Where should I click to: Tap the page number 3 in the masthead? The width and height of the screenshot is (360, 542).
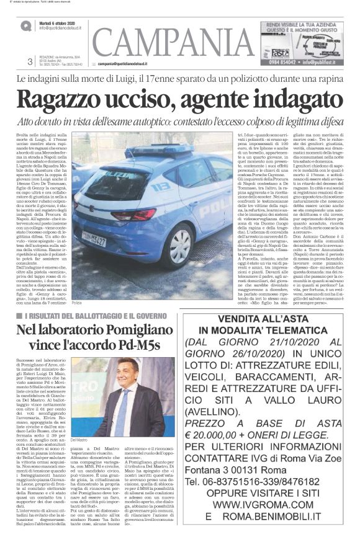(x=30, y=61)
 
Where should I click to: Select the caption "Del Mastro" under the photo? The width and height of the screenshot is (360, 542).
(x=80, y=457)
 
